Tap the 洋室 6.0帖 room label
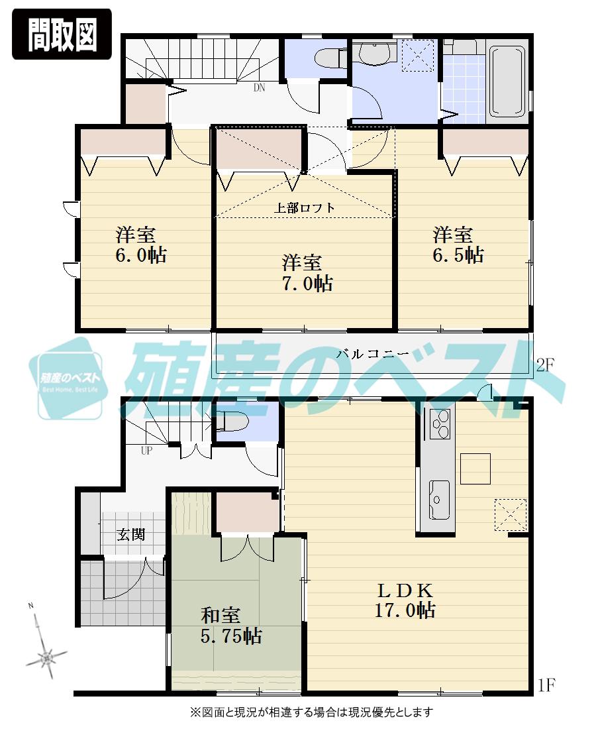click(x=141, y=245)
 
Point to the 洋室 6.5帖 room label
click(x=458, y=245)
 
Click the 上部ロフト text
click(x=305, y=207)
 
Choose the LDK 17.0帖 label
click(x=405, y=600)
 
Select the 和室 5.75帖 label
click(x=230, y=626)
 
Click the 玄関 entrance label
click(x=131, y=534)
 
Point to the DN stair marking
click(x=259, y=87)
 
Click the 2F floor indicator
click(x=545, y=364)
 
